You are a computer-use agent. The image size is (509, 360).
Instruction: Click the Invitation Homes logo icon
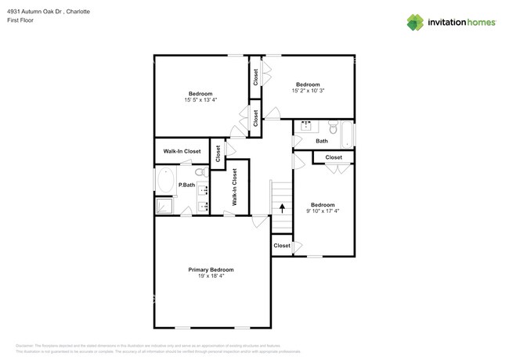417,22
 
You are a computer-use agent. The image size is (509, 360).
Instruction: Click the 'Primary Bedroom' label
211,270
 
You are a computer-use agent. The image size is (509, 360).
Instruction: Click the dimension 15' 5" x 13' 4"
200,100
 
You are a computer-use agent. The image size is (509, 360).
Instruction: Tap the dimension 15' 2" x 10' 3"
308,92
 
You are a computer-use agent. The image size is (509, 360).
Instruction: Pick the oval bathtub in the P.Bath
165,182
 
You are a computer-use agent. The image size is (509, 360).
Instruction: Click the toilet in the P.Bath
199,172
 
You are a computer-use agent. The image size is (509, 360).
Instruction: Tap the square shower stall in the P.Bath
165,206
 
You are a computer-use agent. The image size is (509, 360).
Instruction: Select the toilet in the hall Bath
333,127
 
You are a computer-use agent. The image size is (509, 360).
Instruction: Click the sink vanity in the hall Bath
305,126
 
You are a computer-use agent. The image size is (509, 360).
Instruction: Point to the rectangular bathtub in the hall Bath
348,135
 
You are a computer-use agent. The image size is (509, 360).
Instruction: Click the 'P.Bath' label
186,185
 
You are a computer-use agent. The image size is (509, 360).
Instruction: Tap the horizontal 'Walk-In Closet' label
182,151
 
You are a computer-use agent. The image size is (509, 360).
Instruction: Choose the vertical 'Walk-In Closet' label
234,188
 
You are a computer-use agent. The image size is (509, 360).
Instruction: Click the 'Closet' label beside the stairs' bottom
282,246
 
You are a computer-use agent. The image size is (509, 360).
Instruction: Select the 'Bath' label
322,142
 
